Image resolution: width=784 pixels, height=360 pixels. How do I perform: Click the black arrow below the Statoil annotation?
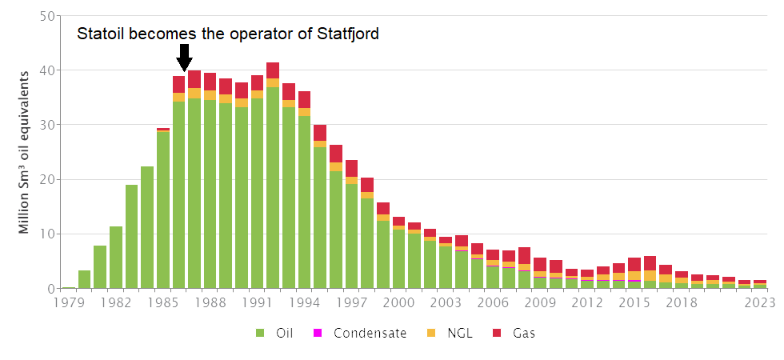[x=184, y=58]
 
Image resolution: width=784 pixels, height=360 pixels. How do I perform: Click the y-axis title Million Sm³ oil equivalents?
[x=24, y=152]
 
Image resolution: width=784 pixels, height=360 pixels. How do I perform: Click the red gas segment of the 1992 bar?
[x=273, y=70]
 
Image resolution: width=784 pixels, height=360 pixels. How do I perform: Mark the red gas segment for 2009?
[x=540, y=265]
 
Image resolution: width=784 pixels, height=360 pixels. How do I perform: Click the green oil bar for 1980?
[x=85, y=279]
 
